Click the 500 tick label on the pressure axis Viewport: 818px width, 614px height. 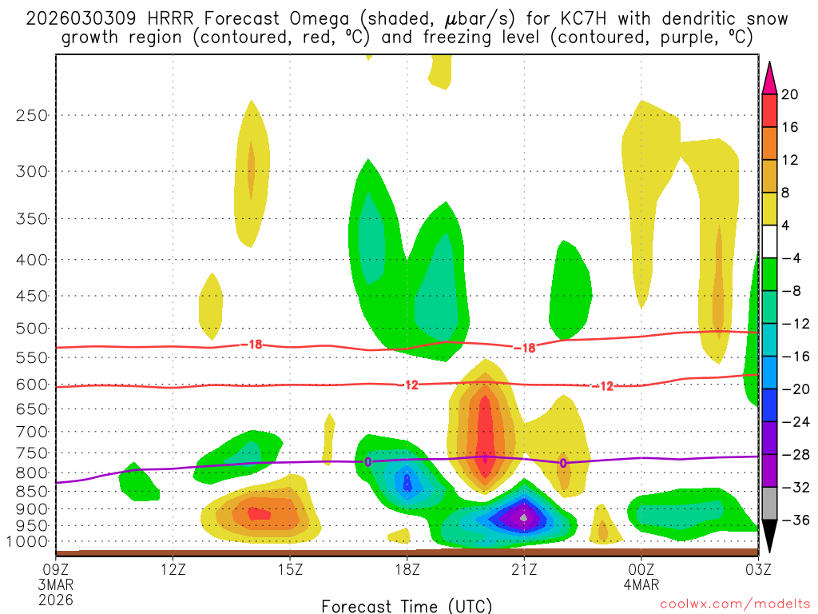point(30,329)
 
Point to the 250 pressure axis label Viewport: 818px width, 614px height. point(30,115)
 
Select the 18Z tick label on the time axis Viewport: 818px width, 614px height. point(407,569)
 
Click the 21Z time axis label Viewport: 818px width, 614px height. point(523,569)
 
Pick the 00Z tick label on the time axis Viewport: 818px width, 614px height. point(641,569)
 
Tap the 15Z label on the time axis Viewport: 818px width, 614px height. point(289,569)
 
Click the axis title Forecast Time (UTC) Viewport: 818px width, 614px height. point(407,605)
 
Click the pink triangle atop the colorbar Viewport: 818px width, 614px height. point(768,77)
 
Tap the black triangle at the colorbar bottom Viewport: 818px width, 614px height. point(768,536)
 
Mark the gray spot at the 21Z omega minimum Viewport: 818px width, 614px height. point(523,518)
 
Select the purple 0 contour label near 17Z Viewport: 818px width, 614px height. point(368,461)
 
